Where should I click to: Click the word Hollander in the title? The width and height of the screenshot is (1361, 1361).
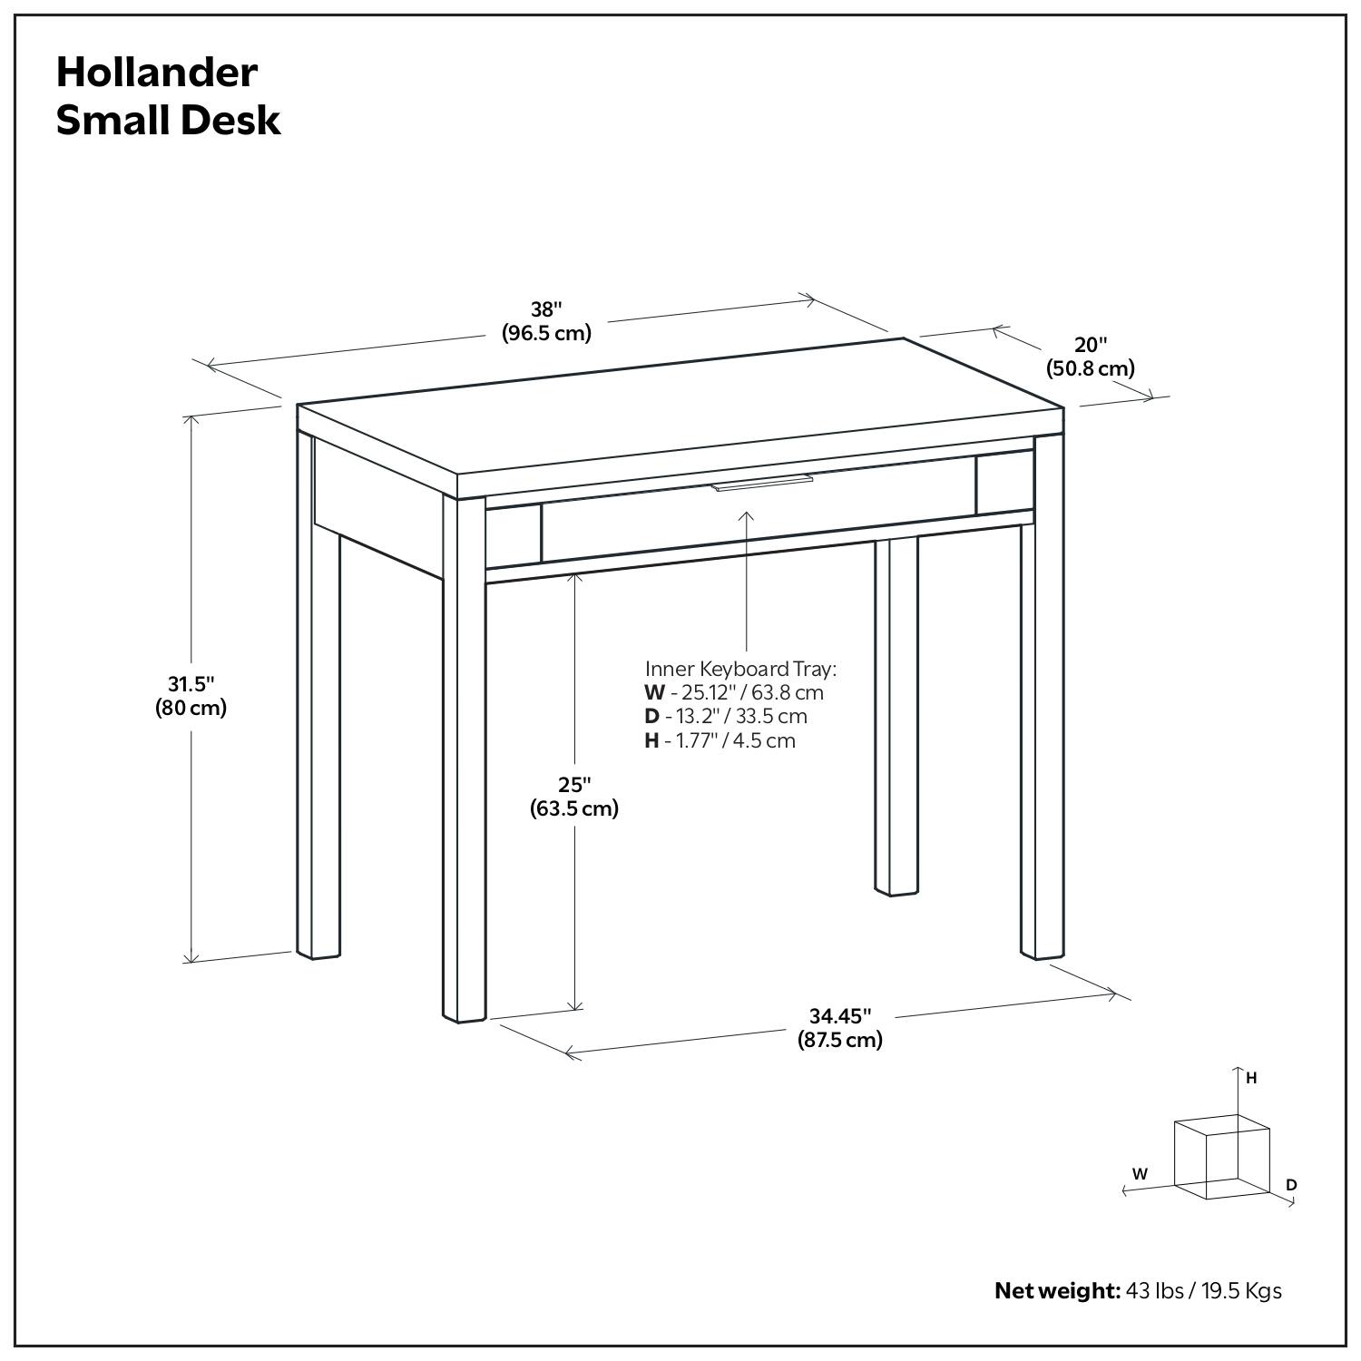pyautogui.click(x=157, y=73)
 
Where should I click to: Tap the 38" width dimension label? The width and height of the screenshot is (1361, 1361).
pyautogui.click(x=546, y=308)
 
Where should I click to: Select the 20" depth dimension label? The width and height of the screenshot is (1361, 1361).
pyautogui.click(x=1091, y=345)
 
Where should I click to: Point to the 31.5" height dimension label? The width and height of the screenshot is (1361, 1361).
pyautogui.click(x=191, y=683)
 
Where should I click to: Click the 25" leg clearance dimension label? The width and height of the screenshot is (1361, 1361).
pyautogui.click(x=574, y=784)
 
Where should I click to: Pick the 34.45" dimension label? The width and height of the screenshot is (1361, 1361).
pyautogui.click(x=840, y=1015)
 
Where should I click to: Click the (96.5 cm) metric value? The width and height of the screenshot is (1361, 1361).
pyautogui.click(x=546, y=333)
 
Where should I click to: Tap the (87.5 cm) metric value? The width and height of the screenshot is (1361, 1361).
pyautogui.click(x=840, y=1040)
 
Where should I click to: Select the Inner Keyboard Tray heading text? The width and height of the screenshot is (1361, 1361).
pyautogui.click(x=740, y=669)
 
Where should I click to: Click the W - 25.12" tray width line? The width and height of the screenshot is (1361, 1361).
pyautogui.click(x=734, y=692)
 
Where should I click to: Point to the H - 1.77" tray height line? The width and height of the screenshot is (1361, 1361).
pyautogui.click(x=720, y=740)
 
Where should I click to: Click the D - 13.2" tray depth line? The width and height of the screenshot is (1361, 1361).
pyautogui.click(x=726, y=716)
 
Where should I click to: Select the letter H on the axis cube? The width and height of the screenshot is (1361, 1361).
pyautogui.click(x=1251, y=1078)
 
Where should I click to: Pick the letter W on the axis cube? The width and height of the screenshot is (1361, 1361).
pyautogui.click(x=1140, y=1173)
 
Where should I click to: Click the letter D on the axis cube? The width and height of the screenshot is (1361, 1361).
pyautogui.click(x=1291, y=1185)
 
